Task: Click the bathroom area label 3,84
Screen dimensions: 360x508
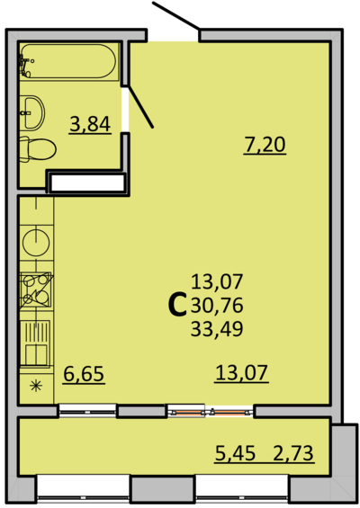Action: (x=90, y=125)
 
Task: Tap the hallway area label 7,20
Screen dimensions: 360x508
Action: (x=265, y=146)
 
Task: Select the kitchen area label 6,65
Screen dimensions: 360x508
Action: (x=84, y=374)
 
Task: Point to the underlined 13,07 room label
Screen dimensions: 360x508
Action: (x=241, y=373)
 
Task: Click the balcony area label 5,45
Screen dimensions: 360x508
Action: (x=235, y=453)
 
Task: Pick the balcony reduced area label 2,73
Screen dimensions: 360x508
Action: (x=293, y=453)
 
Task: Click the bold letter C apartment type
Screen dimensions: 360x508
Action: (x=177, y=305)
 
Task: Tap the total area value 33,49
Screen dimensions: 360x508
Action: (x=217, y=329)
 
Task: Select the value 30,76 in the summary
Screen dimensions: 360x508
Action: (x=217, y=306)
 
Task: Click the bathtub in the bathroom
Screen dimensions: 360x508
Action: (x=69, y=61)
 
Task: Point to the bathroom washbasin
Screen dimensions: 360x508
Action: (x=32, y=112)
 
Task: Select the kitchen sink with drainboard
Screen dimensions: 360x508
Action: (x=35, y=343)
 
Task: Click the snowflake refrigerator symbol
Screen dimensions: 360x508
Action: (x=36, y=387)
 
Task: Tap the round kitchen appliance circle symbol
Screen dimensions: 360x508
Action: (x=36, y=242)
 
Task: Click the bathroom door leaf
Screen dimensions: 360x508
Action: (x=140, y=106)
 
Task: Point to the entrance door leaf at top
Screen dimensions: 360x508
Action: (x=175, y=16)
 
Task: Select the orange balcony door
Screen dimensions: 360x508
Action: (x=211, y=412)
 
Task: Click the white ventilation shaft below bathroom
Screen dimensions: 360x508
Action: (x=87, y=183)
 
